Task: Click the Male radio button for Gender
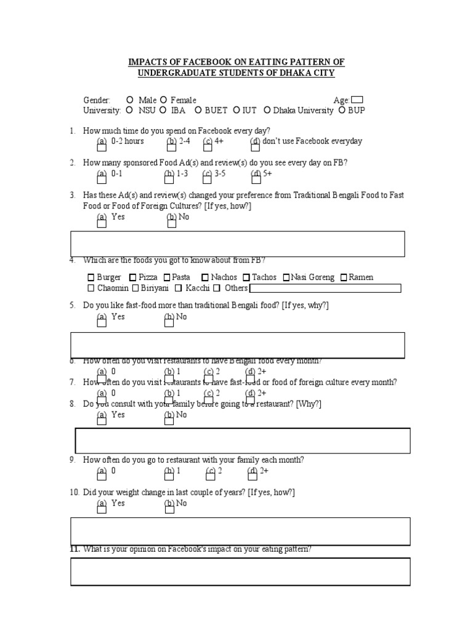coord(129,100)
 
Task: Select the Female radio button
coord(163,100)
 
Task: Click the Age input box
coord(357,100)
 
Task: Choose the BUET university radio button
coord(198,111)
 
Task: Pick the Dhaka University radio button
coord(267,111)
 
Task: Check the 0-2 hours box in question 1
coord(102,145)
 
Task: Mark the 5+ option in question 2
coord(255,178)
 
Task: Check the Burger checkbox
coord(91,278)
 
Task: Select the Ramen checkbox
coord(344,278)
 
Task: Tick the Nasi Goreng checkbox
coord(286,278)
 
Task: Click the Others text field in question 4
coord(325,289)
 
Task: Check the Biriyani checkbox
coord(136,289)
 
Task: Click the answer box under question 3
coord(238,244)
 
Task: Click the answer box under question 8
coord(243,441)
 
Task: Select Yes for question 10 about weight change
coord(102,507)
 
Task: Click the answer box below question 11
coord(240,572)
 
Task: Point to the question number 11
coord(75,549)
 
